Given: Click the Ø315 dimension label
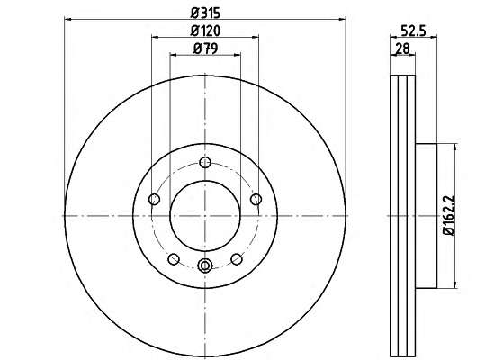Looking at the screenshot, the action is coord(205,13).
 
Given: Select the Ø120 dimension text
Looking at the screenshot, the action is coord(205,31).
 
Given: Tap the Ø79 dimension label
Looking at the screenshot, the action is coord(205,49).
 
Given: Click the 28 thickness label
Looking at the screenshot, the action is coord(402,49).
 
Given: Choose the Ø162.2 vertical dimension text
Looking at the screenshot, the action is coord(448,216).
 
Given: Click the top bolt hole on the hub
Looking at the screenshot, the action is coord(205,162).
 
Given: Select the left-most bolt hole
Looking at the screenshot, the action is coord(154,199).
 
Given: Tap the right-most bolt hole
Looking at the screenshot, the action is coord(256,199).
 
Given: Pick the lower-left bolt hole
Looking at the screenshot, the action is coord(174,259).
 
